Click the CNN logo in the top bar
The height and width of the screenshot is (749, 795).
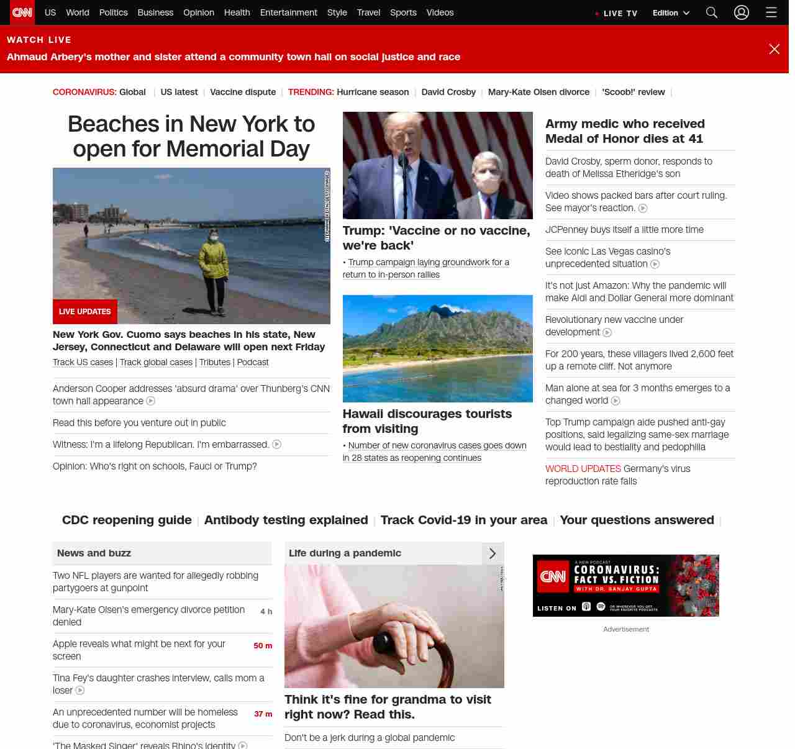tap(22, 12)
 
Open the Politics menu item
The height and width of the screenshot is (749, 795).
tap(113, 12)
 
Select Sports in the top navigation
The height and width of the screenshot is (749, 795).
tap(403, 12)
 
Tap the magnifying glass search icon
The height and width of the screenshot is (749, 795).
tap(712, 12)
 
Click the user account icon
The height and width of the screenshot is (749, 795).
tap(742, 12)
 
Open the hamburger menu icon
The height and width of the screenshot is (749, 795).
tap(771, 12)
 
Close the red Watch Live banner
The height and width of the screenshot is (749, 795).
tap(774, 49)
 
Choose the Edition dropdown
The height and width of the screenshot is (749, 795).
tap(671, 13)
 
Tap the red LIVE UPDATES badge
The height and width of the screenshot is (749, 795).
tap(85, 312)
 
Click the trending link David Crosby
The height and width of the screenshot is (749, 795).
tap(448, 92)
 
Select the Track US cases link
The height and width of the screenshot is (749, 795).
tap(83, 362)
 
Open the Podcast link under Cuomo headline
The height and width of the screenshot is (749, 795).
tap(253, 362)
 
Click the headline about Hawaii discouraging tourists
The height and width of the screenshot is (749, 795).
tap(427, 421)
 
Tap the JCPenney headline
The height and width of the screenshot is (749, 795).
tap(624, 230)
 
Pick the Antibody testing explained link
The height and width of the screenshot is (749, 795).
tap(286, 520)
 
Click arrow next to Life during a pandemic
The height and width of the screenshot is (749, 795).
tap(493, 553)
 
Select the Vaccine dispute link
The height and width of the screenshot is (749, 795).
tap(243, 92)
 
